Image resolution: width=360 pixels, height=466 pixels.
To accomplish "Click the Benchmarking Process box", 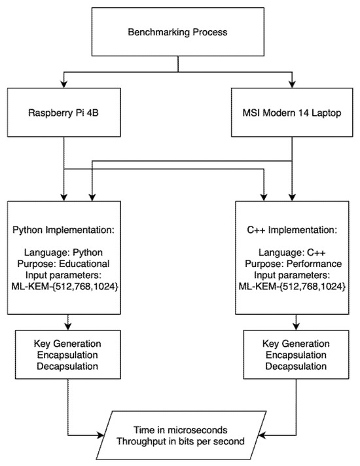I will (x=178, y=31).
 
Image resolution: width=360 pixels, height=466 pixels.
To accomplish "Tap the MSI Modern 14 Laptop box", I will (x=291, y=113).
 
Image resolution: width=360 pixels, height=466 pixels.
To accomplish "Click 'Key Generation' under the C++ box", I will (x=291, y=344).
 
